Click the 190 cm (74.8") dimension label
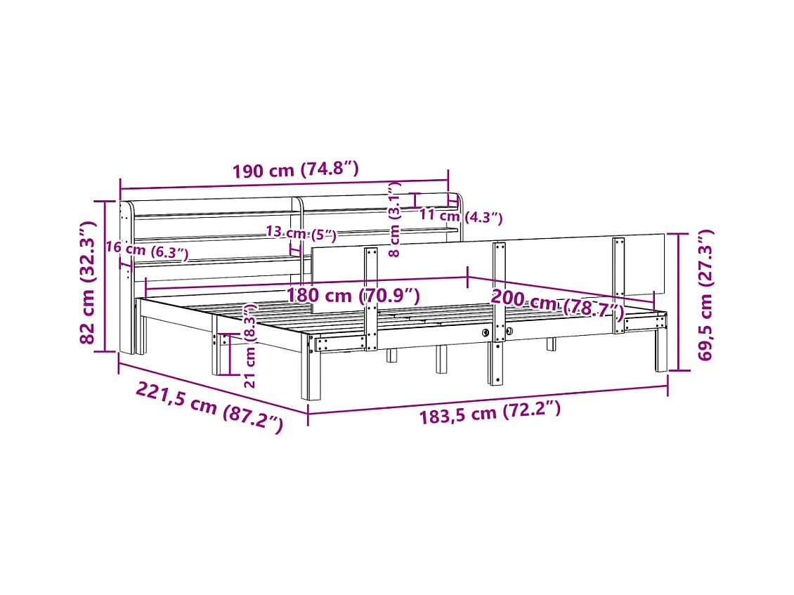[x=295, y=169]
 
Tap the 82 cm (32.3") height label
[x=88, y=282]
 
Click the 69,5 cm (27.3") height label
[x=705, y=295]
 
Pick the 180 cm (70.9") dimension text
[x=353, y=295]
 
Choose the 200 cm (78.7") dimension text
[x=557, y=303]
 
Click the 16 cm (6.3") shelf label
[x=147, y=249]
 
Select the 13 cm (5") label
[x=301, y=233]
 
